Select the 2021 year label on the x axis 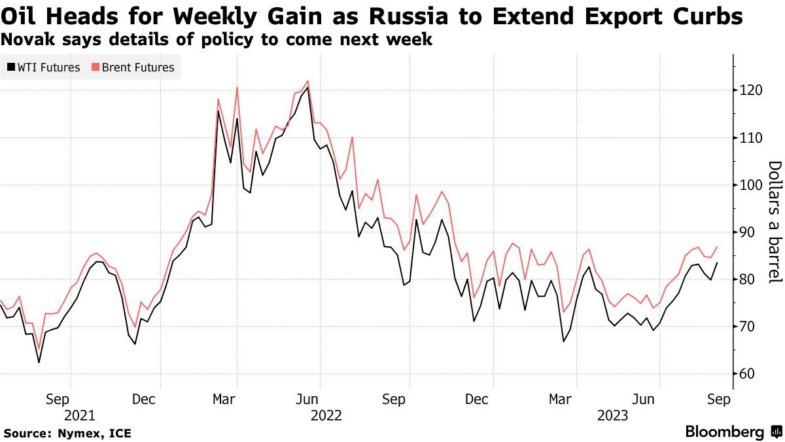[80, 415]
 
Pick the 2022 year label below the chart [327, 415]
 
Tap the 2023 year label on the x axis [613, 415]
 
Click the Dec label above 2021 [143, 399]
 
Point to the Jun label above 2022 [307, 399]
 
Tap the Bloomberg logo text [725, 432]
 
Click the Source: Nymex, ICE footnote [67, 433]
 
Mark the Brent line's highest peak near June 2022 [307, 81]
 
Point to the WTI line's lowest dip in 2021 [39, 362]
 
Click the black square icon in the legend [10, 67]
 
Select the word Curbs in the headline [711, 16]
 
